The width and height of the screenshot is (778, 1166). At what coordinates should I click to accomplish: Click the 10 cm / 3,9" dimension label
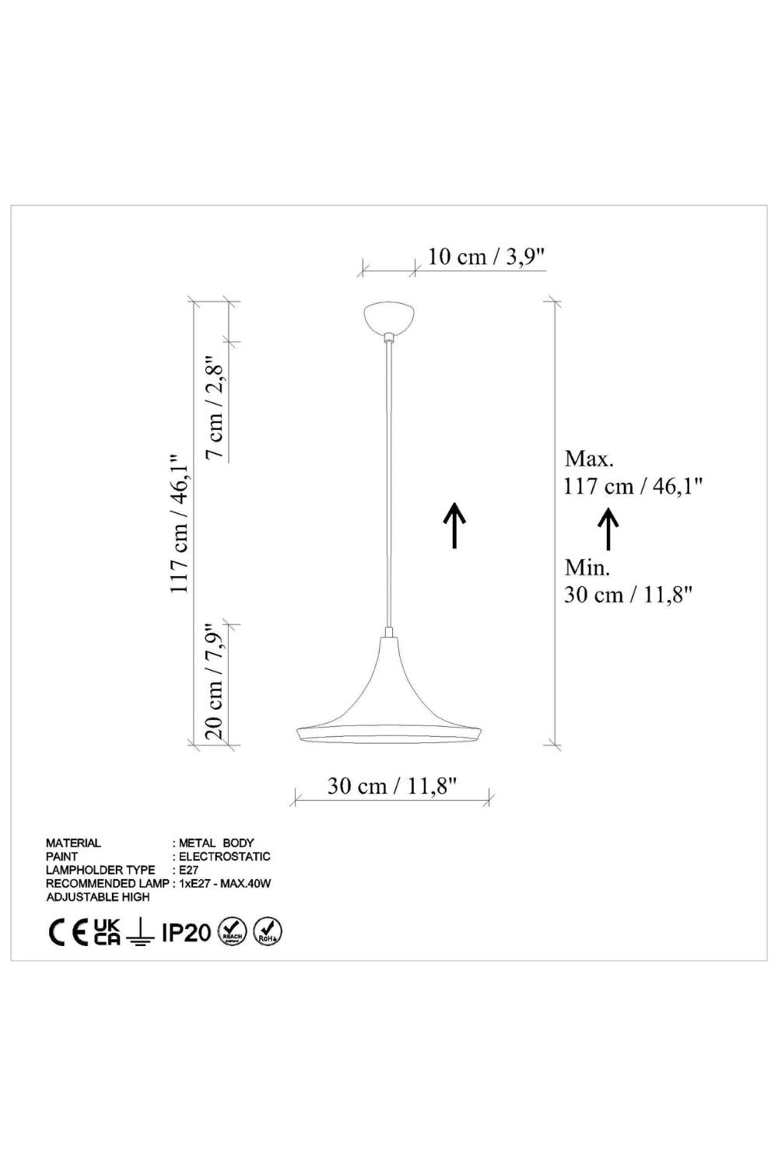pyautogui.click(x=486, y=257)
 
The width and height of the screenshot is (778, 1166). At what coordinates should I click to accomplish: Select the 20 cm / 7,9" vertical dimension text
pyautogui.click(x=214, y=682)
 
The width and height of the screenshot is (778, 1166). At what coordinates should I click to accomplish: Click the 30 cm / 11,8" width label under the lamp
pyautogui.click(x=392, y=786)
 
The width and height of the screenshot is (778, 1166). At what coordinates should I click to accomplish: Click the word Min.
pyautogui.click(x=587, y=567)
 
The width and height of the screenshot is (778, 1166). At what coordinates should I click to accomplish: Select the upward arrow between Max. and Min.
pyautogui.click(x=608, y=529)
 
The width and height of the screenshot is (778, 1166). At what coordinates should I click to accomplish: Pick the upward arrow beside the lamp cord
pyautogui.click(x=454, y=525)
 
